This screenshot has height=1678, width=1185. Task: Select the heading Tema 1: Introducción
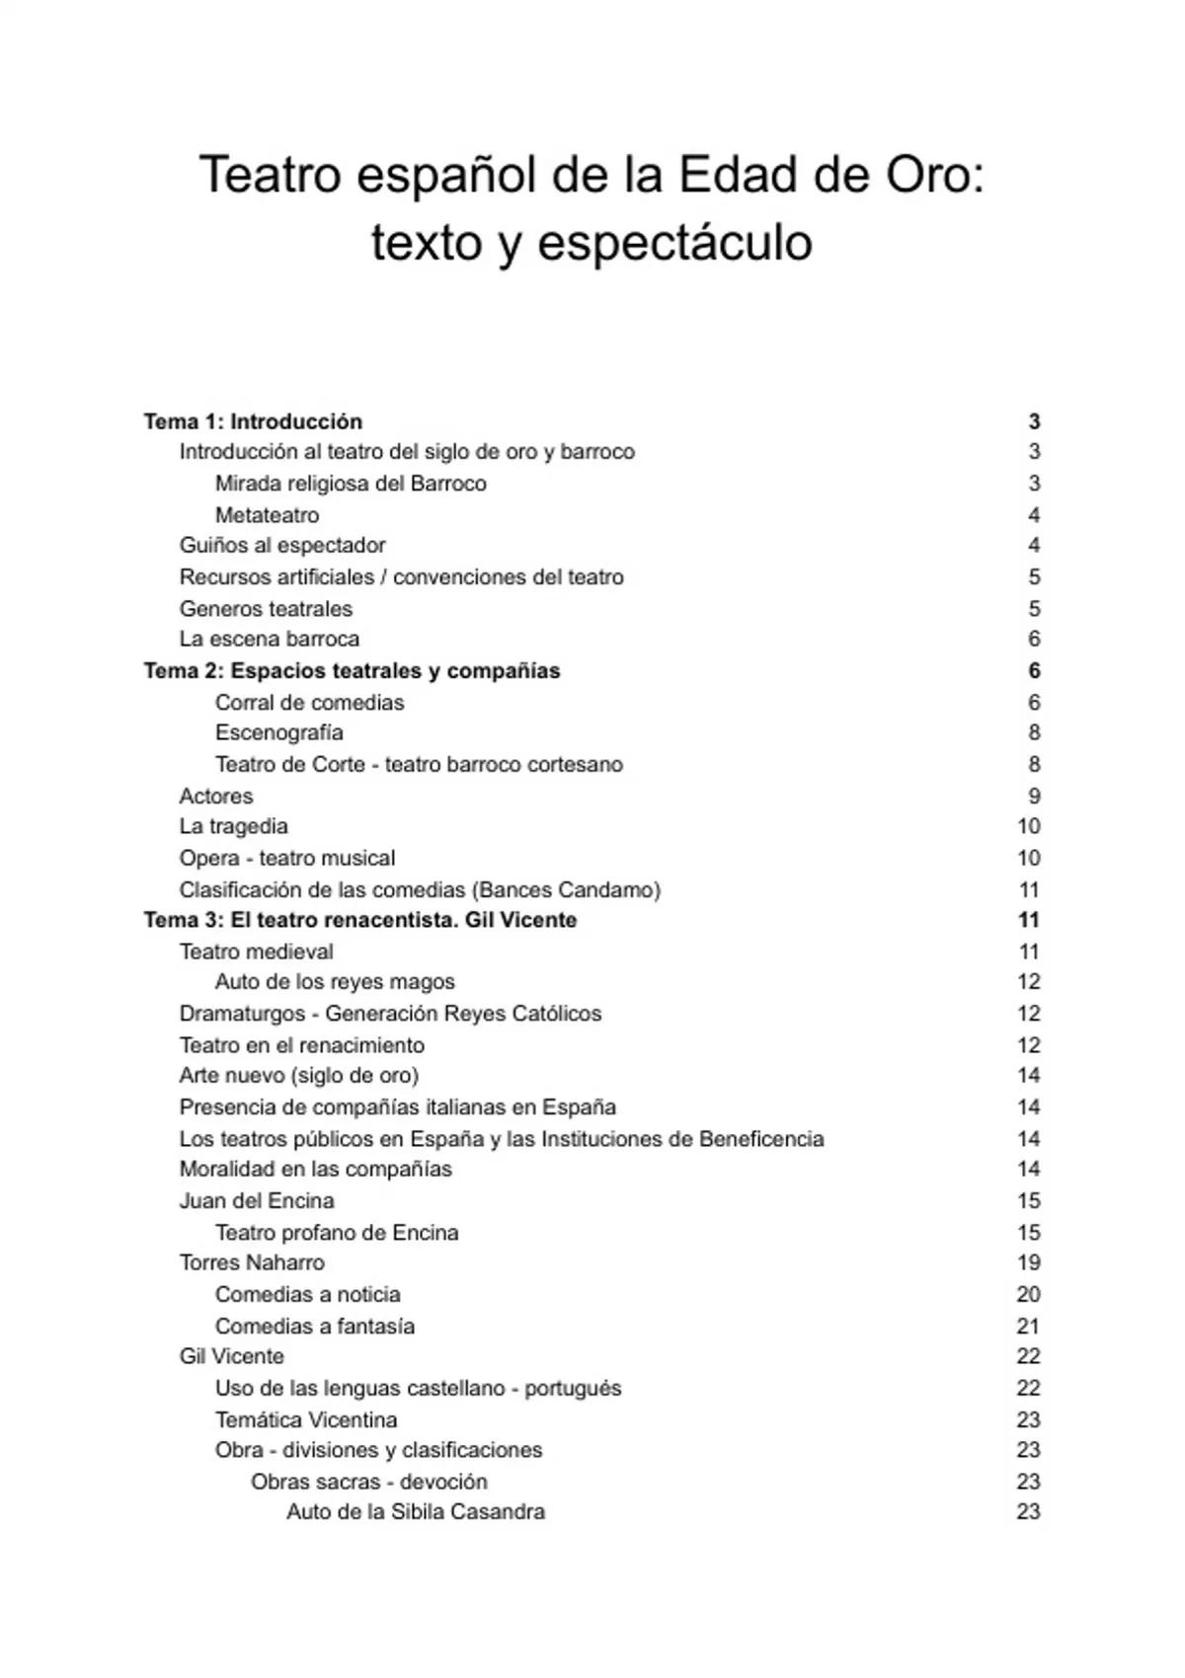(x=253, y=421)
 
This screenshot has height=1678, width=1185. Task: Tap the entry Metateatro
(x=267, y=515)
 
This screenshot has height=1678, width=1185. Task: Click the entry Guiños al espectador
(x=282, y=546)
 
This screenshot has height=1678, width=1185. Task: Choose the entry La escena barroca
(x=269, y=639)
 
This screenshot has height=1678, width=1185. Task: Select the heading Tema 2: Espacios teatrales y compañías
(x=352, y=671)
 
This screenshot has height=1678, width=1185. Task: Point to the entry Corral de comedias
(x=309, y=703)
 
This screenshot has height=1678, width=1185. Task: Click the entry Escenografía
(x=278, y=732)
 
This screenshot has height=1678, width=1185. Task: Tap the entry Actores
(x=215, y=796)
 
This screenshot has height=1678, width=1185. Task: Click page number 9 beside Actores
(x=1034, y=796)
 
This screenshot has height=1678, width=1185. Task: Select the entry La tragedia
(x=233, y=826)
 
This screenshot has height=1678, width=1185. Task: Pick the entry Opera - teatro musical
(x=286, y=858)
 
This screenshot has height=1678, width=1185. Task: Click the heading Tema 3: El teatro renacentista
(x=360, y=920)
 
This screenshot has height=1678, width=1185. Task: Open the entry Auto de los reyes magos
(x=335, y=982)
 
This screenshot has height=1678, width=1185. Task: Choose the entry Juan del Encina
(x=257, y=1200)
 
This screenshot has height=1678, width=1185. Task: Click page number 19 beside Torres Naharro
(x=1028, y=1262)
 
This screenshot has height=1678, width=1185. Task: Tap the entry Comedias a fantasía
(x=314, y=1326)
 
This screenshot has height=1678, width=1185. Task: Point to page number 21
(x=1028, y=1326)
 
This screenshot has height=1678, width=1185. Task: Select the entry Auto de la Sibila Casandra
(x=415, y=1512)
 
